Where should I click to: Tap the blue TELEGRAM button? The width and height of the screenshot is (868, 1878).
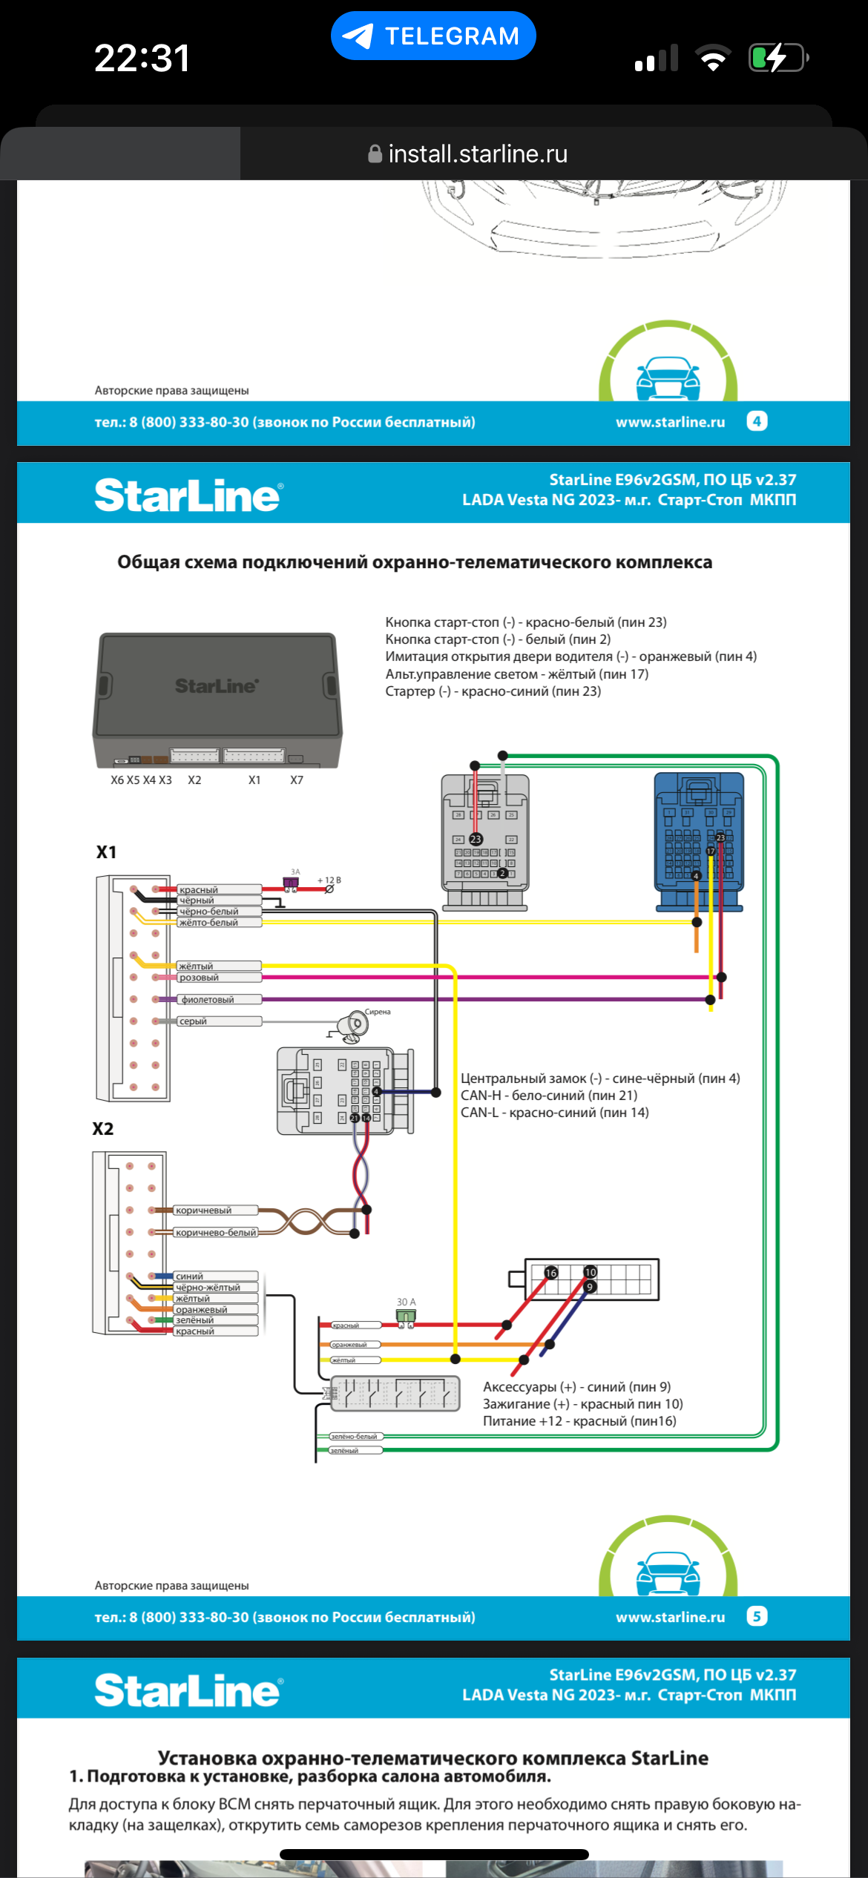coord(433,36)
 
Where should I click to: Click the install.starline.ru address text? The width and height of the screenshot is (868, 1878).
coord(477,154)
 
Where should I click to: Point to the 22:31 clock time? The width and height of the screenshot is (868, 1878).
coord(142,58)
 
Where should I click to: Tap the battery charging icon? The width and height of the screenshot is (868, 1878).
coord(777,58)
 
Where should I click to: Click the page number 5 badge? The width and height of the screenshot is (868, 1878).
coord(757,1616)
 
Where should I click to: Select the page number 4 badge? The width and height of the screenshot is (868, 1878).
coord(757,421)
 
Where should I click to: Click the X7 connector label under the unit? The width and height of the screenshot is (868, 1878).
coord(297,780)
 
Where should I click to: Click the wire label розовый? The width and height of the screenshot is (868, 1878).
coord(199,978)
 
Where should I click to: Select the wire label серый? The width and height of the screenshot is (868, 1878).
coord(193,1021)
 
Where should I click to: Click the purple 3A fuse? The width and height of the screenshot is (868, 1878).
coord(291,883)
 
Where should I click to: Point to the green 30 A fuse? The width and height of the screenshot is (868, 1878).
coord(406,1317)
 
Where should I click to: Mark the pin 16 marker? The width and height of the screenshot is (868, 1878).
coord(551,1273)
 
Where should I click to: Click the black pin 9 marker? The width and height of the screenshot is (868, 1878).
coord(590,1287)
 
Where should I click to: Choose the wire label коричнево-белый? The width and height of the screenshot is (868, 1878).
coord(216,1233)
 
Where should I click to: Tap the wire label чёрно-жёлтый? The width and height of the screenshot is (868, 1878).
coord(208,1288)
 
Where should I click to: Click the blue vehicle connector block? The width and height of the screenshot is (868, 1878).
coord(698,841)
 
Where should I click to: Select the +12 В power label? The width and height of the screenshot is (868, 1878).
coord(329,880)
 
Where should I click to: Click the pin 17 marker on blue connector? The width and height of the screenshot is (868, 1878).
coord(710,851)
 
